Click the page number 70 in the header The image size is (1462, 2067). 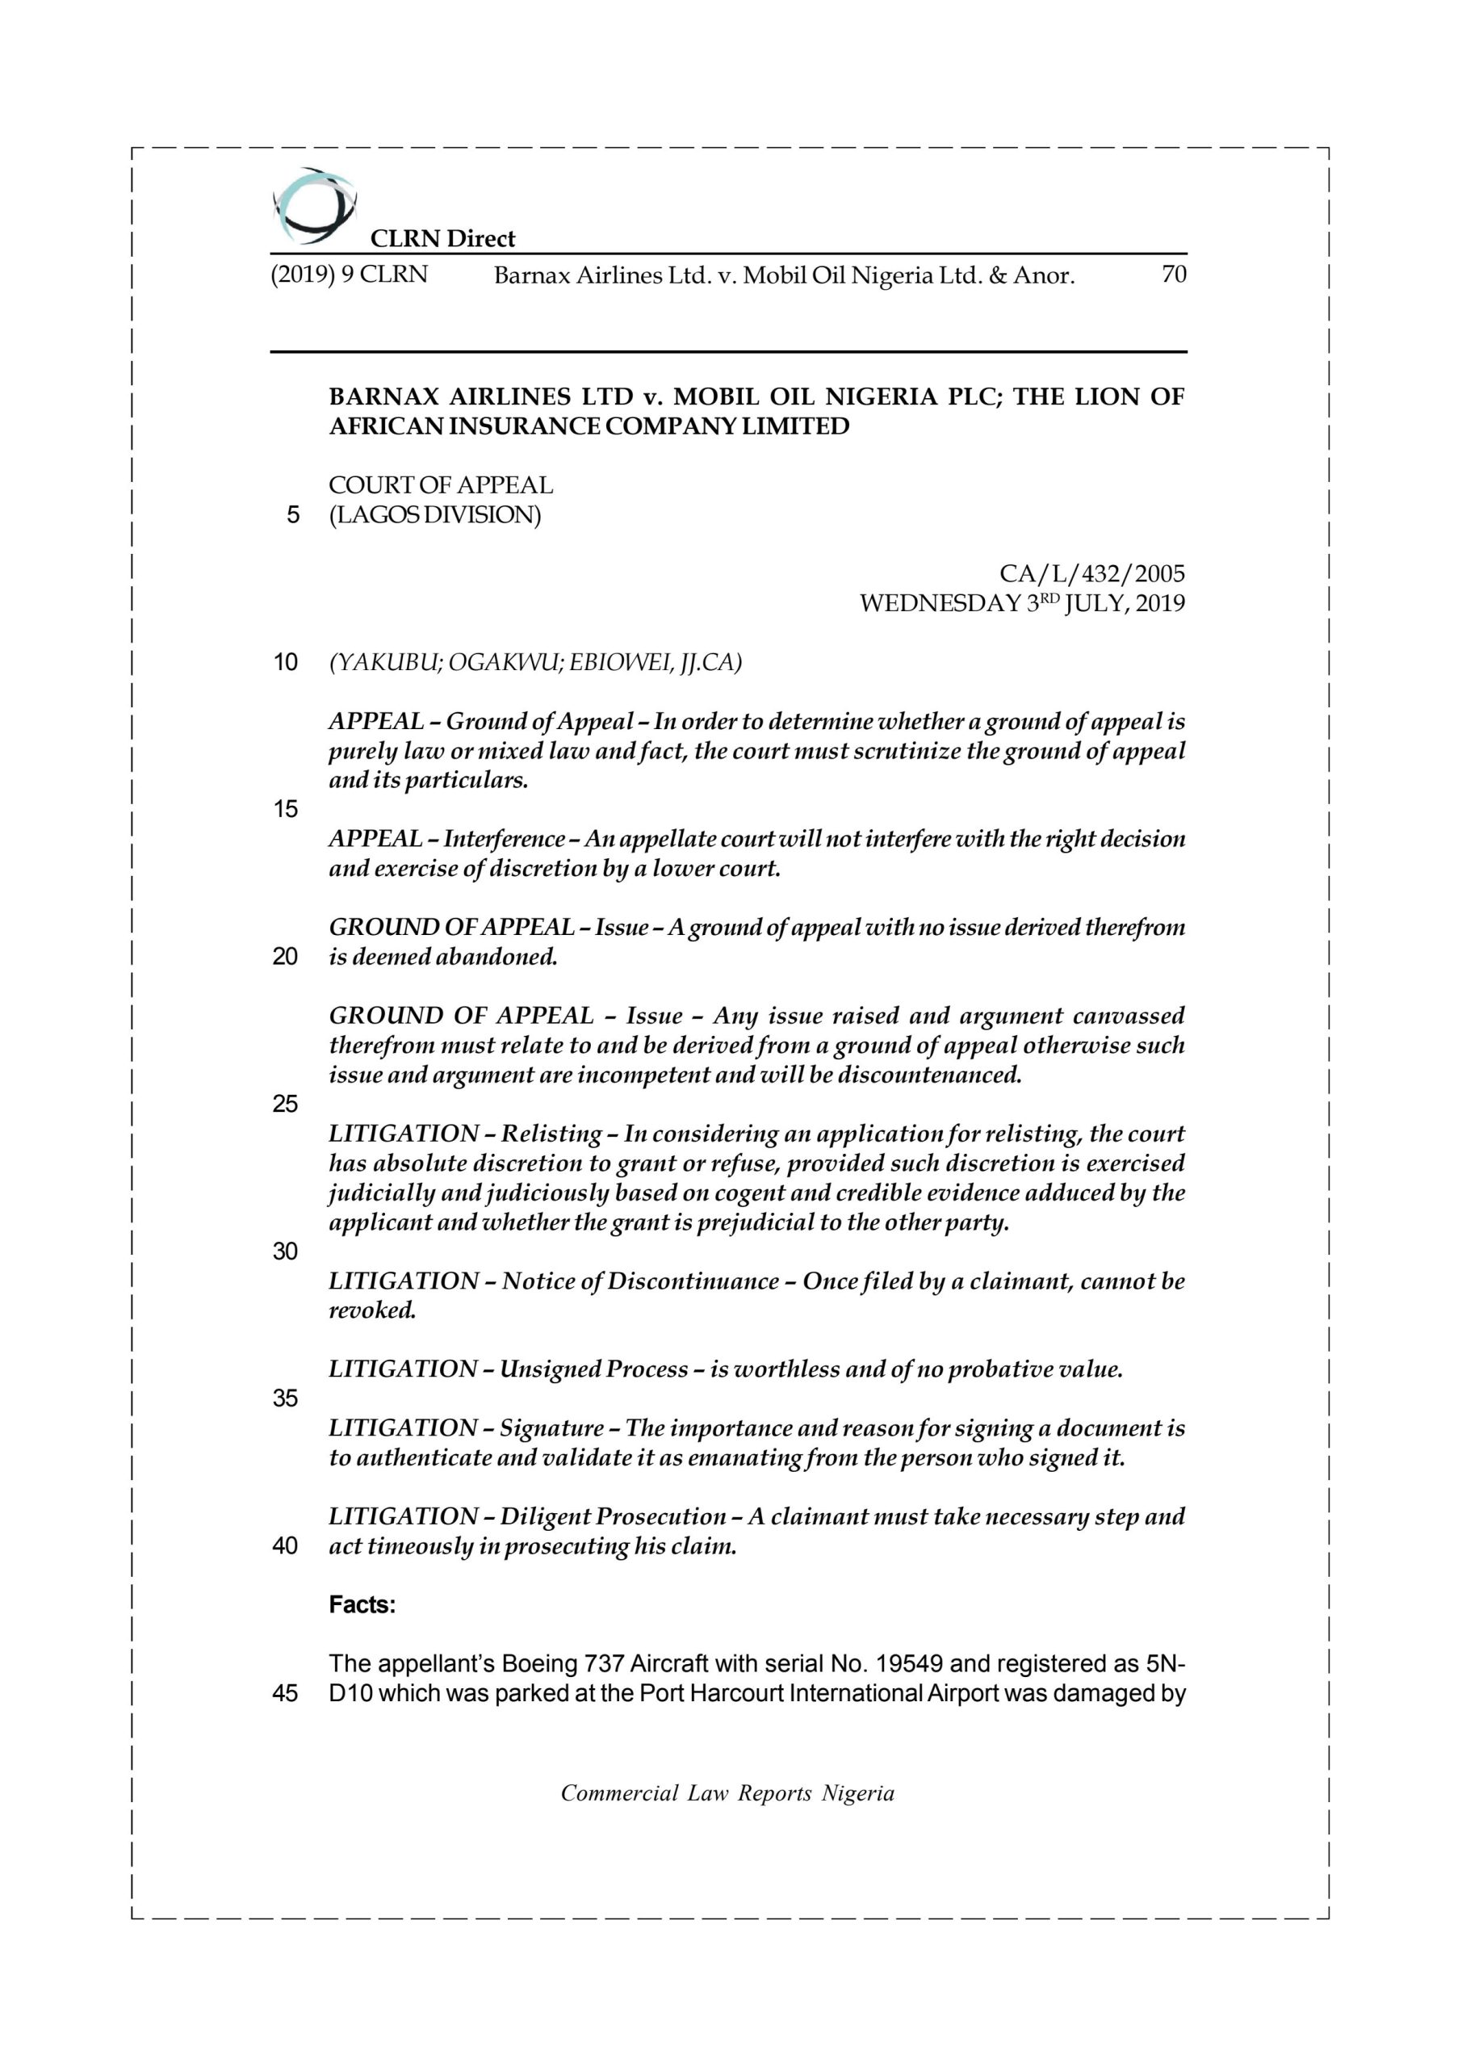[x=1174, y=275]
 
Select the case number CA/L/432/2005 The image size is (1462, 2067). [x=1092, y=573]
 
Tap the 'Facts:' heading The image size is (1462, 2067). [x=362, y=1605]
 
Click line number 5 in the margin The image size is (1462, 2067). [x=291, y=515]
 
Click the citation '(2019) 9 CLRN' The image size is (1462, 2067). [x=350, y=275]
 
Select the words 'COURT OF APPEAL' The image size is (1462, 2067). [x=440, y=485]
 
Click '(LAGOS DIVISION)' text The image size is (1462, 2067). [x=435, y=515]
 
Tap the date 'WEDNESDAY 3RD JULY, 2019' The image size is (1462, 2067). [x=1022, y=603]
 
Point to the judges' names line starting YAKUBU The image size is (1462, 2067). [x=534, y=663]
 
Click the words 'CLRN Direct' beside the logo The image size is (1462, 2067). [x=443, y=238]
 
